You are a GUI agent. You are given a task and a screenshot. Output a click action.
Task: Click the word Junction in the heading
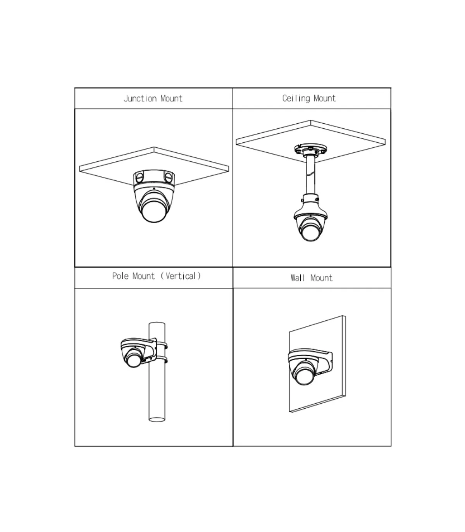point(140,98)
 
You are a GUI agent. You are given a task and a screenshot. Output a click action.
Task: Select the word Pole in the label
point(120,276)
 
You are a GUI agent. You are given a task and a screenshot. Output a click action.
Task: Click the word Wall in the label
point(298,278)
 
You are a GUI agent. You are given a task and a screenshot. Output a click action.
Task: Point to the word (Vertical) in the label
point(181,276)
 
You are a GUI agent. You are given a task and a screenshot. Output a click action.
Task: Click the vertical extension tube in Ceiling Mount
point(310,174)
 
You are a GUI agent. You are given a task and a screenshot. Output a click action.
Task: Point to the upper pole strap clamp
point(162,345)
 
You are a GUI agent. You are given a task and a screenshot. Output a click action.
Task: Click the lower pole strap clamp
point(162,360)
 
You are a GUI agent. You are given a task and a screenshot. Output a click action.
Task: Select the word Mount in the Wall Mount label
point(322,278)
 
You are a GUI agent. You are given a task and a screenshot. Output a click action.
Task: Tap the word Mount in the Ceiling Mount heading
point(325,98)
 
